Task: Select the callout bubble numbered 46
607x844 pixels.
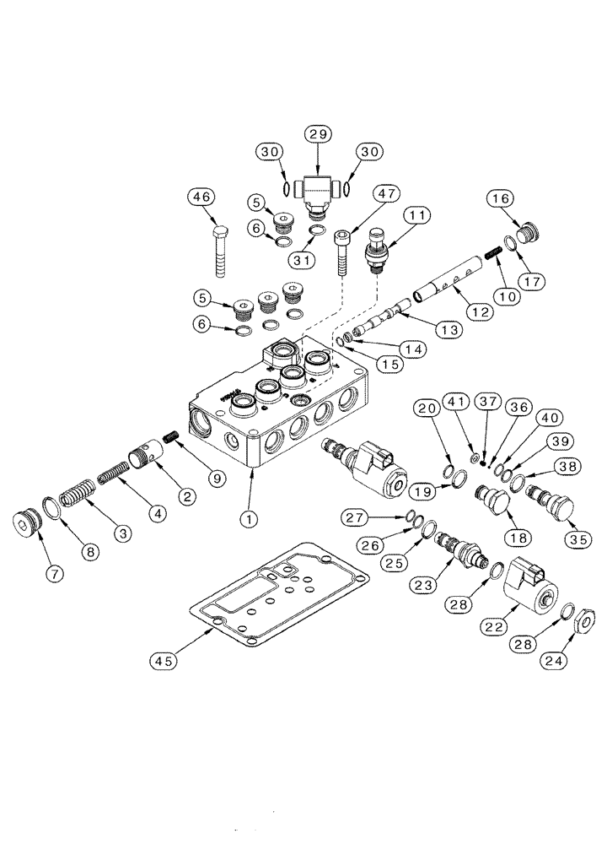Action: (x=201, y=197)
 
